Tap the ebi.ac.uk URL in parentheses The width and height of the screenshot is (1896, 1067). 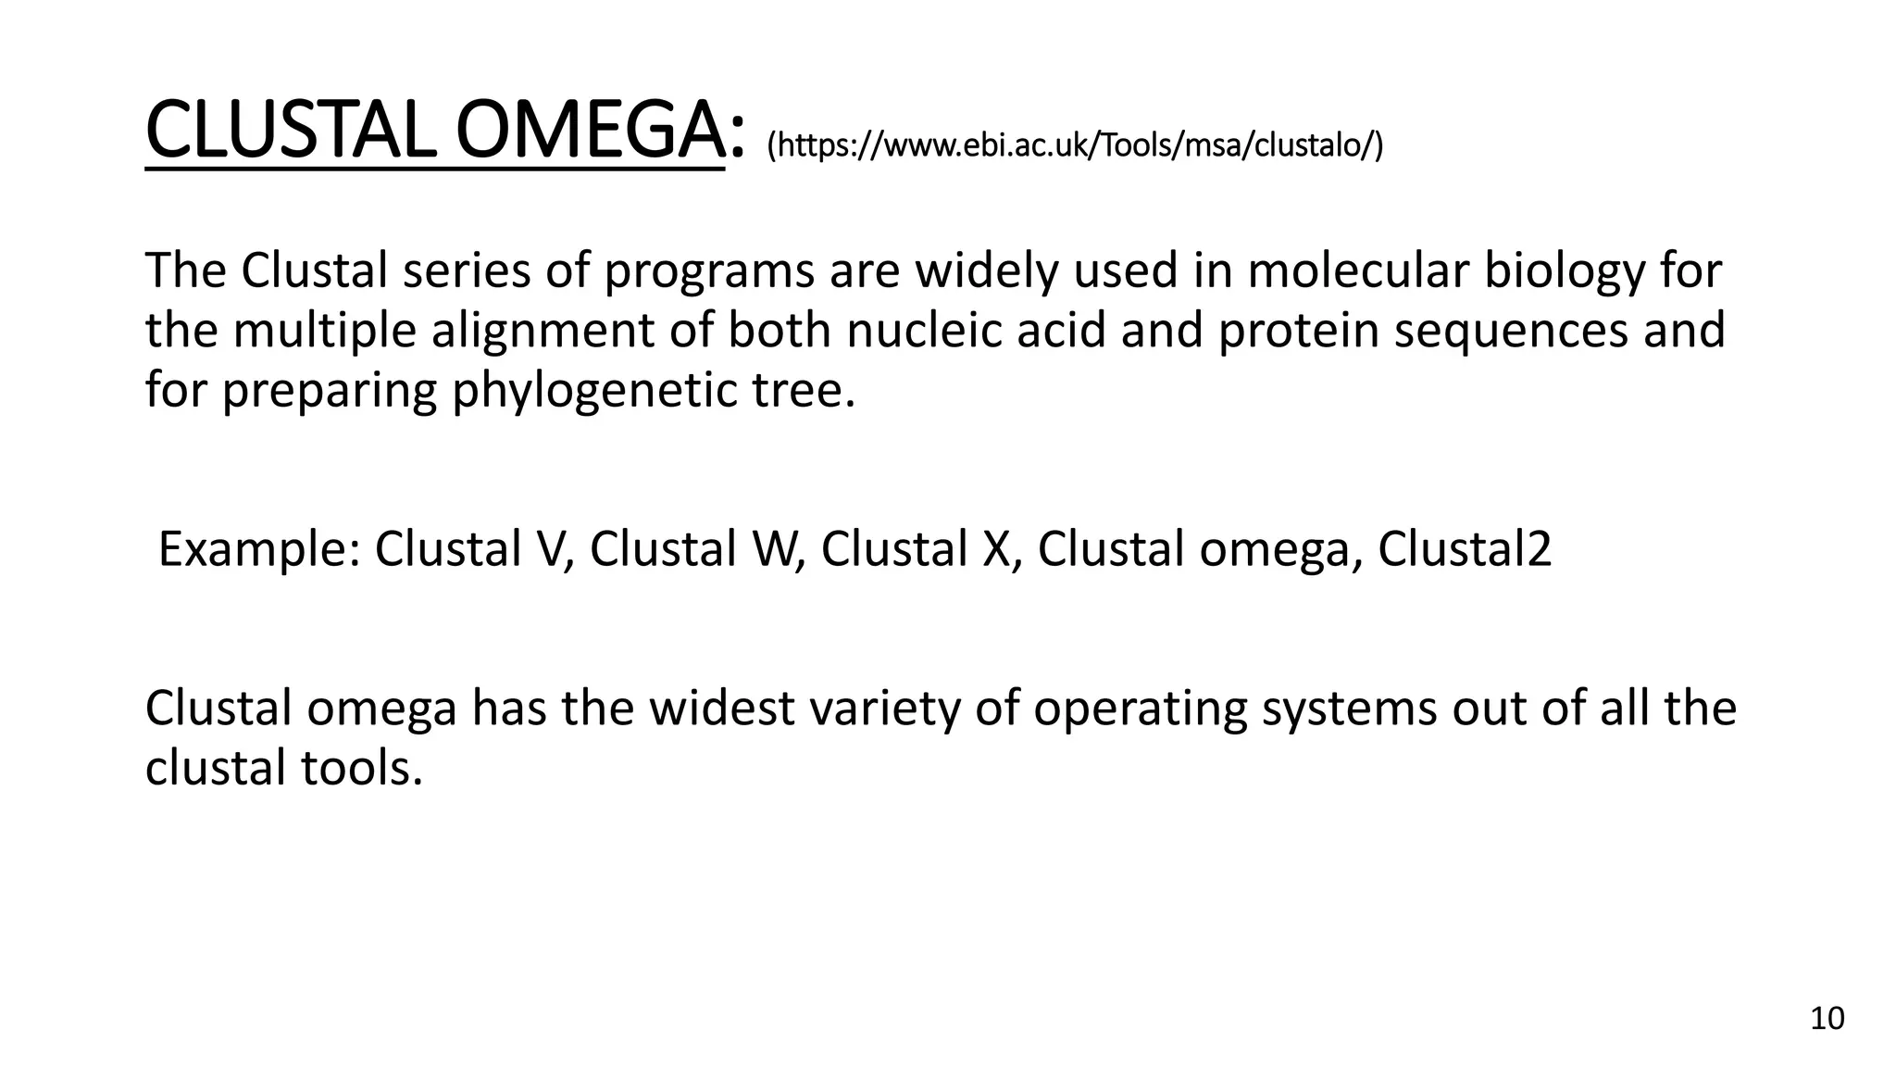[1075, 145]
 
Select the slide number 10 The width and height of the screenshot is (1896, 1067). [1827, 1019]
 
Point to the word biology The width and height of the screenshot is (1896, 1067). [1564, 271]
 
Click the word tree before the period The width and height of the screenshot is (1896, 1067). [796, 390]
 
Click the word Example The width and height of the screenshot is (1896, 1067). [258, 549]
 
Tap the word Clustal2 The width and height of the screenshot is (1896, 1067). [1464, 549]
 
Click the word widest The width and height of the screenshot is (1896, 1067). [719, 709]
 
